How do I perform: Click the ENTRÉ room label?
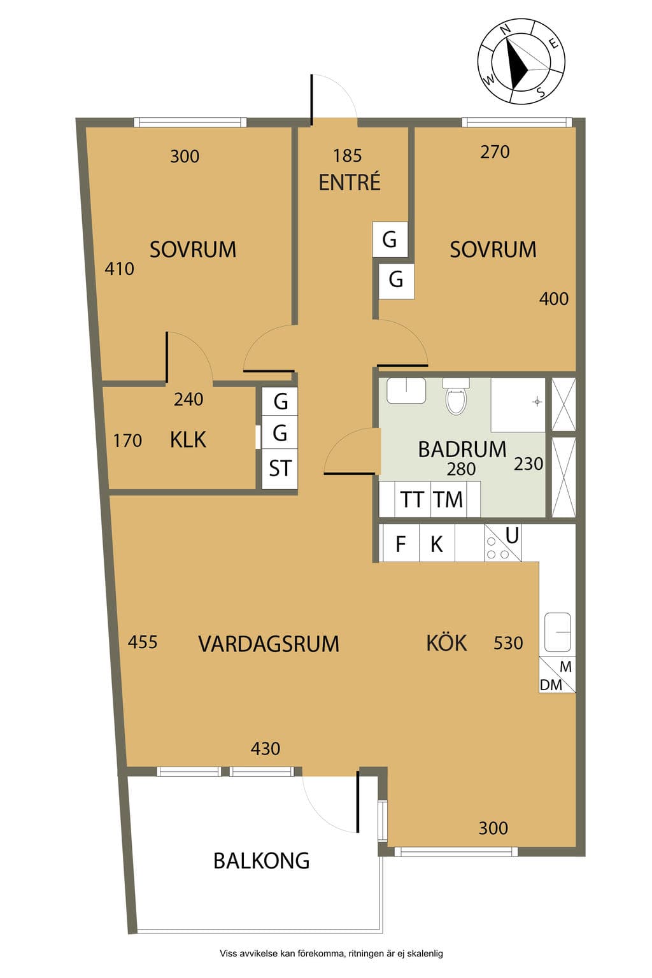point(350,183)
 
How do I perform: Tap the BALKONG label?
point(262,861)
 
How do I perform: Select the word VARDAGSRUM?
point(269,644)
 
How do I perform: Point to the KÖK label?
point(446,642)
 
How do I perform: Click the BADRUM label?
point(462,450)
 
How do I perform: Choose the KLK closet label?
point(188,440)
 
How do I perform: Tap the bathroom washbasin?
point(406,391)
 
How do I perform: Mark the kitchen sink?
point(557,632)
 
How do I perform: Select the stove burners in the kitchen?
point(498,548)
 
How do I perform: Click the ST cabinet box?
point(280,469)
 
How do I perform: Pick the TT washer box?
point(412,499)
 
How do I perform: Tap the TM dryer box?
point(448,499)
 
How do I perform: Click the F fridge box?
point(400,543)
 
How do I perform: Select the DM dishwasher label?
point(551,685)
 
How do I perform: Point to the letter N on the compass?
point(506,30)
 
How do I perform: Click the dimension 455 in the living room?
point(143,642)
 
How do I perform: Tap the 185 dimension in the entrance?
point(348,155)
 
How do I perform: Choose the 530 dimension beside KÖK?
point(508,643)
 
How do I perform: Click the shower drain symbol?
point(537,402)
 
